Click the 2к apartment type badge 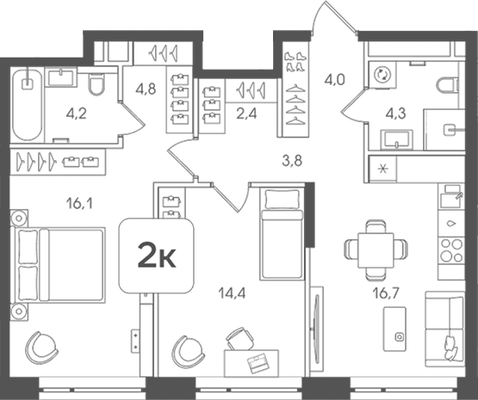[157, 255]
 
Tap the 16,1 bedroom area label [79, 203]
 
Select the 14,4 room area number [232, 293]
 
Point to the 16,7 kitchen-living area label [386, 293]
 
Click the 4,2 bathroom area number [76, 114]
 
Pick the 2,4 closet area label [246, 114]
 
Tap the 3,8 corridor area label [292, 161]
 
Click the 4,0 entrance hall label [334, 80]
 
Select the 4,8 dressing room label [146, 89]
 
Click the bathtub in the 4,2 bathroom [28, 105]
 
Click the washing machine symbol [382, 75]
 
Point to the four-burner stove [451, 250]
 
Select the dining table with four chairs [376, 250]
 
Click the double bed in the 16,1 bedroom [58, 265]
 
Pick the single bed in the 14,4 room [282, 233]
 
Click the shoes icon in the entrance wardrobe [295, 61]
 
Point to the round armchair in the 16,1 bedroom [41, 348]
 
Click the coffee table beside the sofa [394, 329]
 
